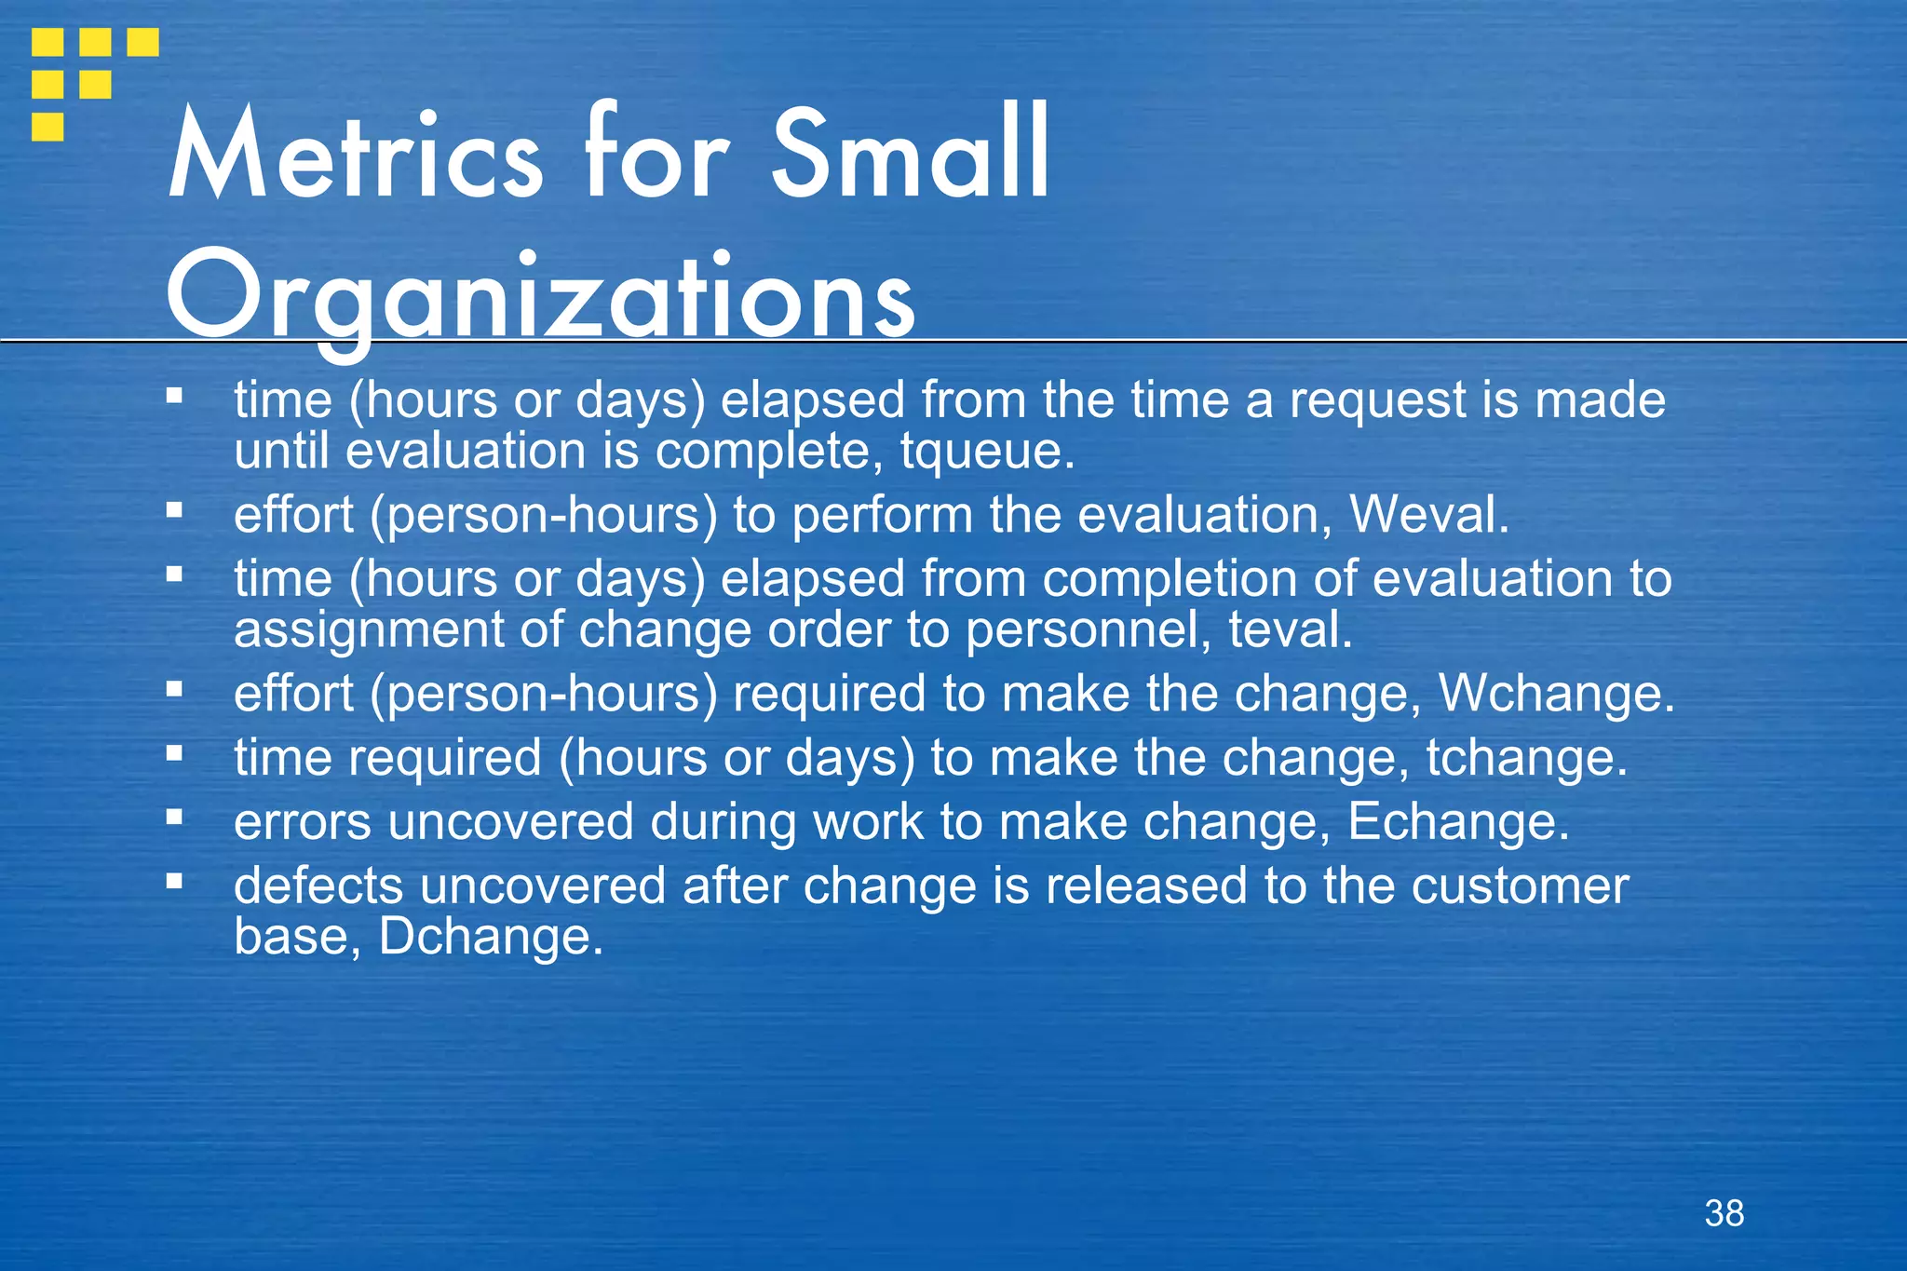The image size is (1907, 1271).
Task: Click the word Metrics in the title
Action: pos(355,154)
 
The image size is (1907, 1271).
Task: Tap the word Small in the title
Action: pos(911,154)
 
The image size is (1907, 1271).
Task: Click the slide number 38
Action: pos(1724,1213)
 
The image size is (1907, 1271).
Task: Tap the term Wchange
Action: pos(1556,694)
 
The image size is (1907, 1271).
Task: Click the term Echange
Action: pos(1457,821)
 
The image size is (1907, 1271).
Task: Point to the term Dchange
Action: pos(491,937)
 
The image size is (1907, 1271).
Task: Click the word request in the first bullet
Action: pos(1377,400)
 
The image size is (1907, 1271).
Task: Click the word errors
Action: pos(303,821)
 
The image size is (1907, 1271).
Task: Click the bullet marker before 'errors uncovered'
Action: pos(174,817)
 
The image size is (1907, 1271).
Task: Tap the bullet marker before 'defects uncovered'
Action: pos(174,880)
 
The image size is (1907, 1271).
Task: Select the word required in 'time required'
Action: pos(445,757)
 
